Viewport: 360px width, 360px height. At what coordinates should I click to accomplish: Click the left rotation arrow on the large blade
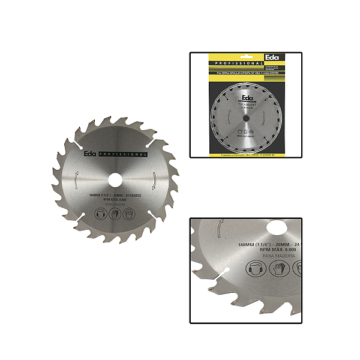coord(76,180)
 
